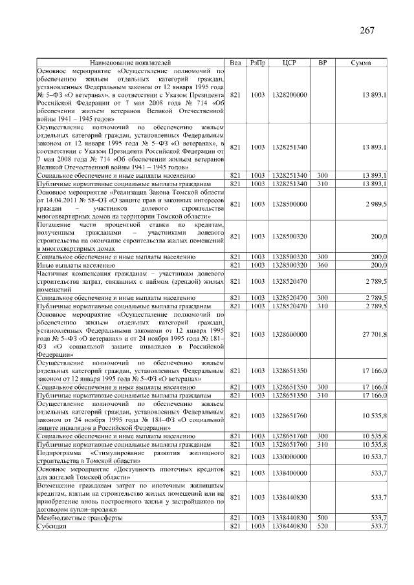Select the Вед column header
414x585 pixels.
[x=235, y=63]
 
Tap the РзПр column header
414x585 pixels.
[x=258, y=63]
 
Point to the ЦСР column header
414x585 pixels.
[x=290, y=63]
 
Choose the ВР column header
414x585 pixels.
[x=322, y=63]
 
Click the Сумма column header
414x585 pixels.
[x=360, y=63]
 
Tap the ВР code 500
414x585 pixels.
[x=322, y=518]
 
